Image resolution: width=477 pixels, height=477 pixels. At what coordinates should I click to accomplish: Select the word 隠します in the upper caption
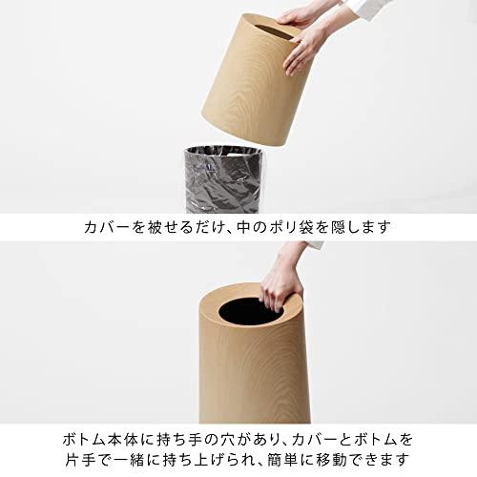click(360, 227)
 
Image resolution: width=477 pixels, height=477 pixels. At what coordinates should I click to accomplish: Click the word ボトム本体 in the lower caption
click(101, 440)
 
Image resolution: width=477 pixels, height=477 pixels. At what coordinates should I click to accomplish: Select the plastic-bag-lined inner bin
click(224, 179)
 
